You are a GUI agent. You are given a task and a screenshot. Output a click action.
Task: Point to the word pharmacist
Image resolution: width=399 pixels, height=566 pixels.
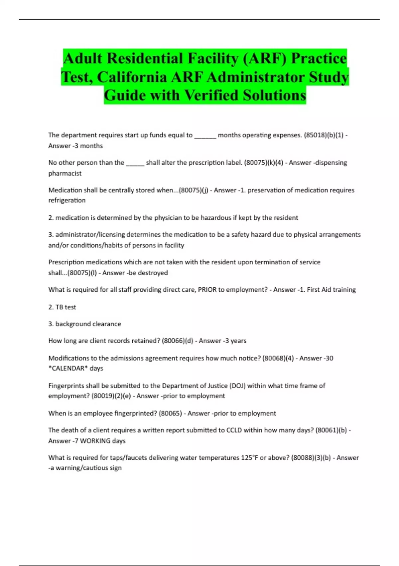[x=65, y=173]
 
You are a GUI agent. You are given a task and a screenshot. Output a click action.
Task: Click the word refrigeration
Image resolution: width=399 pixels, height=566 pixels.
[x=67, y=200]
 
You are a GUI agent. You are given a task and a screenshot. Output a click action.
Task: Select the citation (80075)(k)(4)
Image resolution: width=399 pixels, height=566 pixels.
[x=265, y=163]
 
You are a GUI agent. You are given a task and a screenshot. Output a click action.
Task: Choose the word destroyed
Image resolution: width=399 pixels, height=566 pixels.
[x=153, y=273]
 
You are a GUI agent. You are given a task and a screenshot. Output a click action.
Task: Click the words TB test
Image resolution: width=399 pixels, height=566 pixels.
[x=66, y=307]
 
